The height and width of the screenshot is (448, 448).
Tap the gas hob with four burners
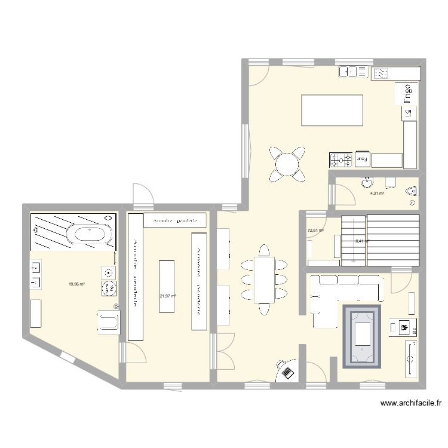(x=341, y=159)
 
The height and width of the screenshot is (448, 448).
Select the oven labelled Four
(x=362, y=159)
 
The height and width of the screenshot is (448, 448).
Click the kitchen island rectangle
(x=332, y=110)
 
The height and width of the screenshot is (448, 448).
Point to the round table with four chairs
(x=287, y=162)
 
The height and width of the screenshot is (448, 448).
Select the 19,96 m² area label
(x=77, y=284)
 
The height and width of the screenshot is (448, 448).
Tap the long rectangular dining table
(x=264, y=279)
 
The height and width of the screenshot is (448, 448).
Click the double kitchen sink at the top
(x=353, y=73)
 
